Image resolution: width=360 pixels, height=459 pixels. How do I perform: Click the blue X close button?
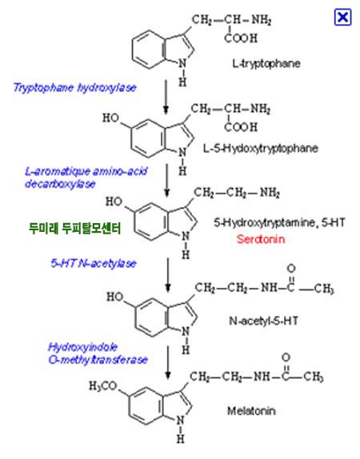click(342, 18)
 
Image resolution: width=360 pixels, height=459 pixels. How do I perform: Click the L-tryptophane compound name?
click(266, 63)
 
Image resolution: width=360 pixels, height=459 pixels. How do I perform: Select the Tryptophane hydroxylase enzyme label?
click(74, 87)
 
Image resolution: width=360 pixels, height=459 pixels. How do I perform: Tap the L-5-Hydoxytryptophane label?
click(261, 148)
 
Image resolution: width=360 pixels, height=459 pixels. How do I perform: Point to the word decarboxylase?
click(60, 184)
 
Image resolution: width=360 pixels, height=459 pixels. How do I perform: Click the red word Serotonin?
click(261, 239)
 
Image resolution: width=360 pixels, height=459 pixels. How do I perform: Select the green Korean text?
click(74, 229)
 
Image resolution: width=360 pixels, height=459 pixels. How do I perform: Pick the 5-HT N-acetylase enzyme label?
click(94, 263)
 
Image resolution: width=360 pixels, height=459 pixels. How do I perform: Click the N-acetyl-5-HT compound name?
click(263, 321)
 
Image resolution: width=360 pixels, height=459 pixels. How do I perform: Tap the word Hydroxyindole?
click(82, 348)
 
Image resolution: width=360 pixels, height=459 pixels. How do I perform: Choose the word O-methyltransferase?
click(98, 360)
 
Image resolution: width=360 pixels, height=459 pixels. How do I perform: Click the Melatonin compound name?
click(251, 411)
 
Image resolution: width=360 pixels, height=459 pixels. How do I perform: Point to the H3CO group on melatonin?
click(103, 386)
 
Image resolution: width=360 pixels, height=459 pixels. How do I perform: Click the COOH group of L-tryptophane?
click(241, 38)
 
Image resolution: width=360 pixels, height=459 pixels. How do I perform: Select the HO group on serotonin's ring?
click(114, 202)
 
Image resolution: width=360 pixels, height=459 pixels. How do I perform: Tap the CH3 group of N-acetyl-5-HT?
click(324, 289)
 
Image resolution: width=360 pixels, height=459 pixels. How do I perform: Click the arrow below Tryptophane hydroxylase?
click(166, 97)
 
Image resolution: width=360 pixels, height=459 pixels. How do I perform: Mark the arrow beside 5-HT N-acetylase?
click(168, 275)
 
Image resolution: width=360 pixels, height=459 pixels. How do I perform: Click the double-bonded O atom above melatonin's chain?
click(286, 357)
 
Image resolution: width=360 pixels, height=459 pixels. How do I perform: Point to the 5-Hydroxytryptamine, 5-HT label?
click(279, 223)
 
